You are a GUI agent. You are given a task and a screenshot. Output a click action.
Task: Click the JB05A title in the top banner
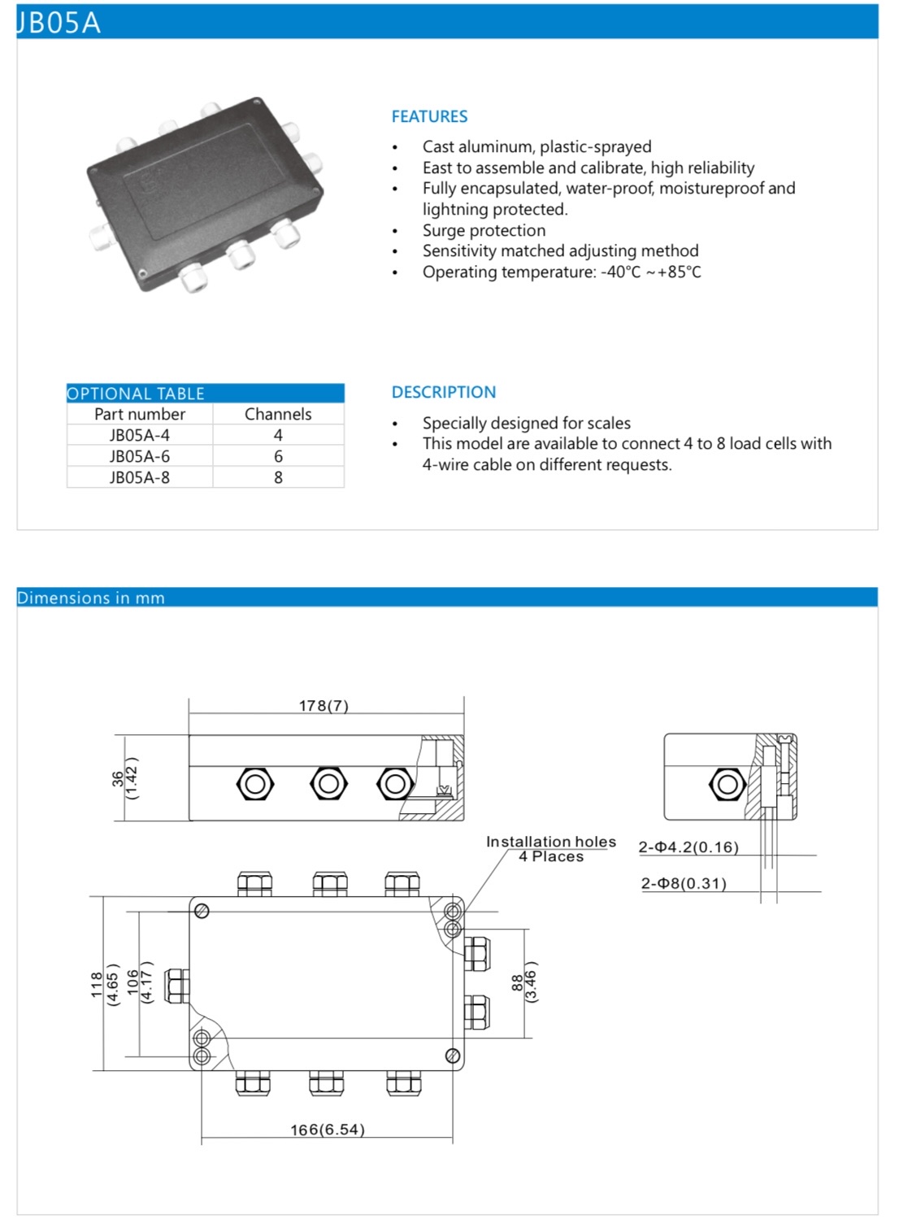pyautogui.click(x=59, y=22)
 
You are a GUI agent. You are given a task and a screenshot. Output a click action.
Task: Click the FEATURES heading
pyautogui.click(x=429, y=116)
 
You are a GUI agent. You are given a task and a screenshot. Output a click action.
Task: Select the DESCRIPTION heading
pyautogui.click(x=443, y=392)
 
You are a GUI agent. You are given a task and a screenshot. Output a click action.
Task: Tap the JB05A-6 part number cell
pyautogui.click(x=140, y=456)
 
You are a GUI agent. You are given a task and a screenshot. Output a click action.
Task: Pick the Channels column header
pyautogui.click(x=278, y=414)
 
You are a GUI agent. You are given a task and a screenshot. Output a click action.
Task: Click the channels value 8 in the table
pyautogui.click(x=278, y=477)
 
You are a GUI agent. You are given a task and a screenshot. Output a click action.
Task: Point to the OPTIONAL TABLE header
pyautogui.click(x=136, y=394)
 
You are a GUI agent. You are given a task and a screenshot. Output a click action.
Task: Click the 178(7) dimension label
pyautogui.click(x=324, y=706)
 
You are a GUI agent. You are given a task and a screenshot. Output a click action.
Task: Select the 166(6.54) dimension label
pyautogui.click(x=328, y=1130)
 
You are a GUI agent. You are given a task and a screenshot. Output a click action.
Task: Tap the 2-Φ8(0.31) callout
pyautogui.click(x=684, y=883)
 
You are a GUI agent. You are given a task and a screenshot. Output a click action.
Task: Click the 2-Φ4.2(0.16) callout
pyautogui.click(x=689, y=847)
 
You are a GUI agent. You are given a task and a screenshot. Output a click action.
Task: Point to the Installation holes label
pyautogui.click(x=551, y=842)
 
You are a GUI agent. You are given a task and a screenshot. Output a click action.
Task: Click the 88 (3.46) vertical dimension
pyautogui.click(x=524, y=982)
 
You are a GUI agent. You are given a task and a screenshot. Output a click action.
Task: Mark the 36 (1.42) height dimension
pyautogui.click(x=124, y=778)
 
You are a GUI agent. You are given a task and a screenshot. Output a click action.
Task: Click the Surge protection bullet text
pyautogui.click(x=484, y=230)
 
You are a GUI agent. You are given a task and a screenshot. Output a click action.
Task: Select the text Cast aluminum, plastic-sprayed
pyautogui.click(x=537, y=146)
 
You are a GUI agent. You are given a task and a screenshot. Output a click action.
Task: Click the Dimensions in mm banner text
pyautogui.click(x=91, y=598)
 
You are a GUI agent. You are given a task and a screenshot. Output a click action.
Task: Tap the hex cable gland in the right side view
pyautogui.click(x=728, y=785)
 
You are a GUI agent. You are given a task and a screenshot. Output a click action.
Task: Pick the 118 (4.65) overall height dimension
pyautogui.click(x=104, y=984)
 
